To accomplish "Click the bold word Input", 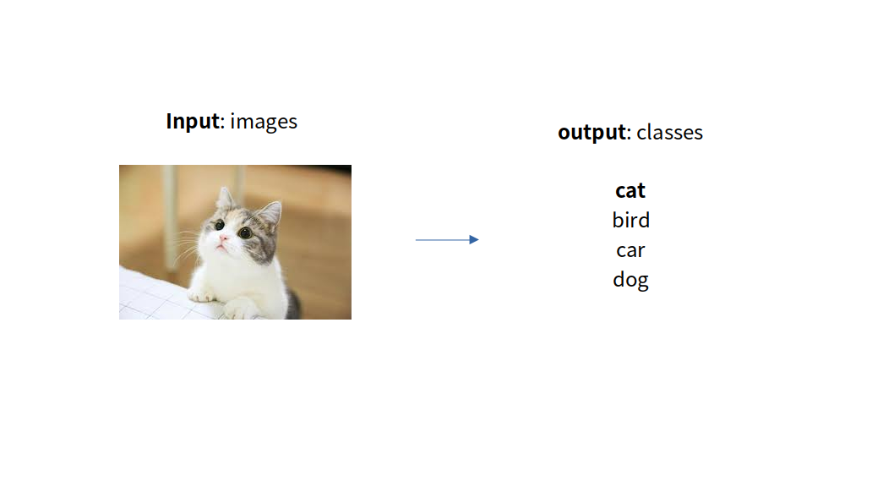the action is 193,122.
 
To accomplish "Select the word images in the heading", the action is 264,122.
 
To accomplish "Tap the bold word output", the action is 591,133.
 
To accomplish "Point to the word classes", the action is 670,133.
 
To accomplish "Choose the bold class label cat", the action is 630,190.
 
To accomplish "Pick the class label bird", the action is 630,220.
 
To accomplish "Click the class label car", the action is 630,249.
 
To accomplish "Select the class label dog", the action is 630,280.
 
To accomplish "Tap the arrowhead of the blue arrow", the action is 474,239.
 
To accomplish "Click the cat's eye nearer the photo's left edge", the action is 220,226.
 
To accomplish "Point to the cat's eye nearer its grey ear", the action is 245,232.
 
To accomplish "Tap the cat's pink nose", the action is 223,238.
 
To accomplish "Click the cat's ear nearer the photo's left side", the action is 225,197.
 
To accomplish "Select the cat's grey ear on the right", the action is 271,215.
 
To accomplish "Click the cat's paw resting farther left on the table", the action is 201,295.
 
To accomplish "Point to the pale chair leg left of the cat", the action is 169,216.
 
